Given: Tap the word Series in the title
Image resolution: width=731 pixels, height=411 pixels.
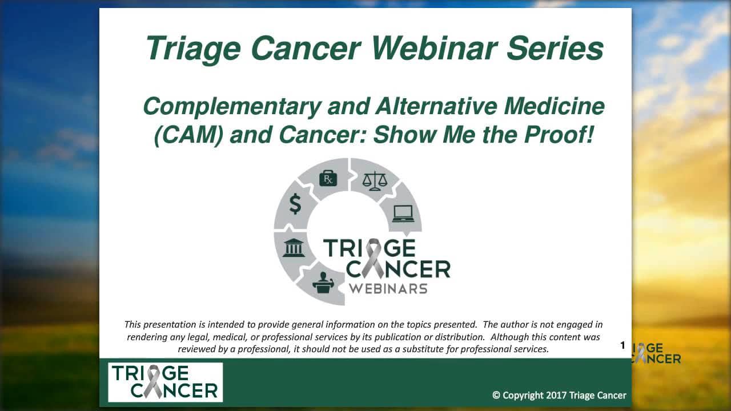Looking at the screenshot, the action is coord(555,49).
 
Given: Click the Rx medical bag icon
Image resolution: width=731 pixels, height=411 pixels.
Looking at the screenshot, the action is coord(328,178).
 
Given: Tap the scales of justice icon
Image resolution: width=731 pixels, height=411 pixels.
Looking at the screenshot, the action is coord(375,181).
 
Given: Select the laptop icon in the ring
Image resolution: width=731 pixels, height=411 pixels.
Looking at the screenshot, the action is coord(403,213).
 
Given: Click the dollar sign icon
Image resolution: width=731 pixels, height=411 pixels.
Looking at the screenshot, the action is coord(295,204).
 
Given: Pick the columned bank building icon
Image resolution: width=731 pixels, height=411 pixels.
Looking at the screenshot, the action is coord(294,248).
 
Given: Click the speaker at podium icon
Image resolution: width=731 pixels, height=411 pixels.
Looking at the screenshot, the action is coord(323,283).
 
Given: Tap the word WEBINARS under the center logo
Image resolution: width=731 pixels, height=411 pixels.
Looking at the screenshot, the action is coord(388,289).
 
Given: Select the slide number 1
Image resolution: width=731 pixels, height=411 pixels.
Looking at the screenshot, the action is coord(622,345).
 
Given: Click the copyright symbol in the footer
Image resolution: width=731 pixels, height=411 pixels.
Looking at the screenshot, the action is coord(496,396).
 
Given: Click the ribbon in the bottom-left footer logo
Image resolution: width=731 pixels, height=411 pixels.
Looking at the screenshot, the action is coord(153,382).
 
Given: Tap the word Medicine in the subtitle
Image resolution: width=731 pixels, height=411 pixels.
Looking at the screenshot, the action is coord(554,107).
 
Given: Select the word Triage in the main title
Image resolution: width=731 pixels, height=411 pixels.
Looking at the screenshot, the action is coord(193,50).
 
